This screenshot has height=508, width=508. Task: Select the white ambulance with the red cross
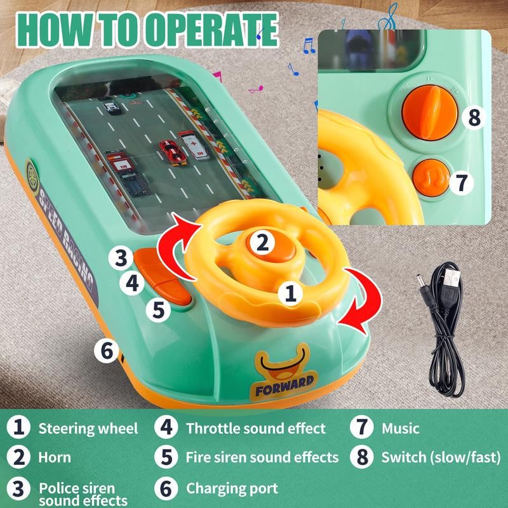[193, 145]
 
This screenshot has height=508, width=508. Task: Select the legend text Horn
[55, 457]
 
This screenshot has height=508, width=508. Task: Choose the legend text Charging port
[232, 488]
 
